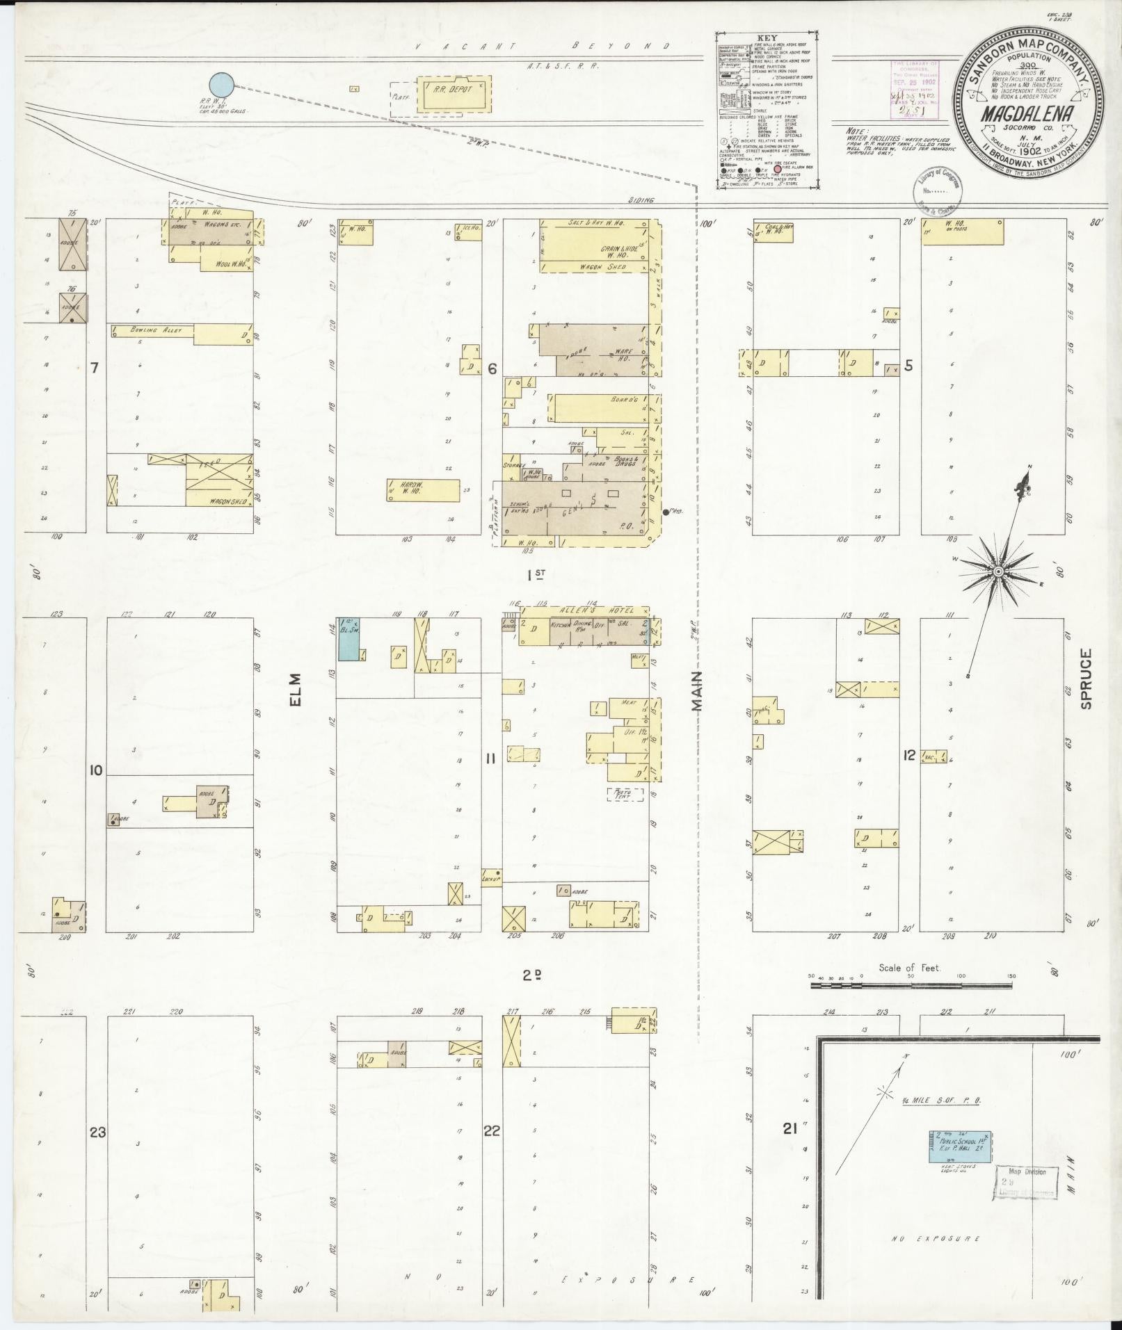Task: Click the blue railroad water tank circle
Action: [222, 85]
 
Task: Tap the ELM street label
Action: [295, 690]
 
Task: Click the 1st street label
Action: [536, 575]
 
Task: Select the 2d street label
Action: [532, 975]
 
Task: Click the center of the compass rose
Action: [998, 571]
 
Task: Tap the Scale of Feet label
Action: [909, 968]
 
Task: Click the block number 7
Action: [94, 368]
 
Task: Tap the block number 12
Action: [908, 755]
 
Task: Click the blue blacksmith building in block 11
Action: [348, 639]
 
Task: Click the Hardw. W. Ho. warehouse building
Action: [423, 489]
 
